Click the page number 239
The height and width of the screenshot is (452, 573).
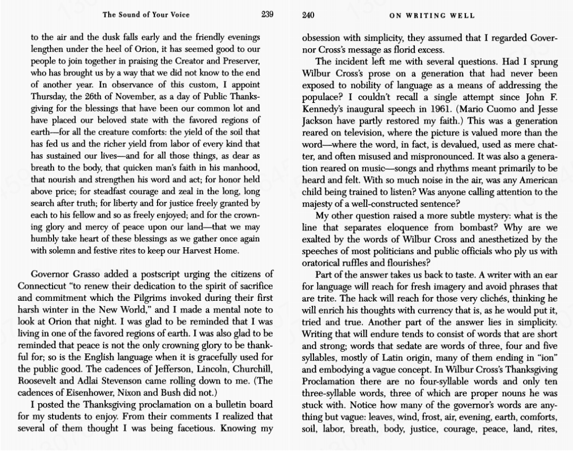point(267,15)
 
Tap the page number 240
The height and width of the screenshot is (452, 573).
point(308,15)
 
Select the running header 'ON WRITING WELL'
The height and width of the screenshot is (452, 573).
point(432,15)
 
